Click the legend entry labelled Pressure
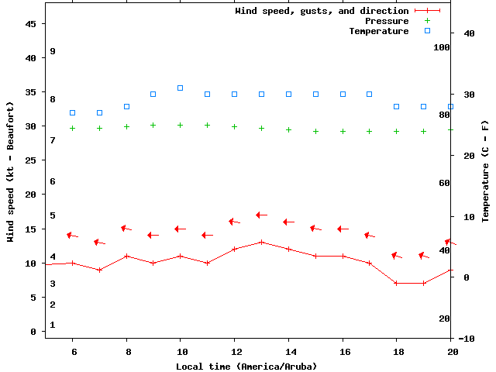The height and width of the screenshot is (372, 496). (x=387, y=21)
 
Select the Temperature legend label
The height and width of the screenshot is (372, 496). (x=378, y=31)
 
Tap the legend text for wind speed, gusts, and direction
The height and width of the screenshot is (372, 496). (x=322, y=11)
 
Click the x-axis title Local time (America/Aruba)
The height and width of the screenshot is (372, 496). (x=246, y=366)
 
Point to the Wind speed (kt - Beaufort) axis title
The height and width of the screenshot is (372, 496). (x=11, y=171)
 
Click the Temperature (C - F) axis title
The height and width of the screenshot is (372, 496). (x=485, y=170)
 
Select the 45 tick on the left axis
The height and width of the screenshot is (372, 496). (x=31, y=24)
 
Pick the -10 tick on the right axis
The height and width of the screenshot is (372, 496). (x=467, y=338)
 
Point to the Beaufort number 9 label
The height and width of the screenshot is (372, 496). (x=53, y=51)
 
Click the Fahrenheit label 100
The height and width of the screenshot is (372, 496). (x=442, y=47)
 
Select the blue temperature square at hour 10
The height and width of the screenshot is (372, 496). (x=180, y=88)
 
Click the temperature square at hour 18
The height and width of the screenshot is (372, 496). (x=396, y=106)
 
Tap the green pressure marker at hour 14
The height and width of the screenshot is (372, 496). (x=288, y=129)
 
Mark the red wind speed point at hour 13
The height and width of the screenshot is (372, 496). (x=261, y=242)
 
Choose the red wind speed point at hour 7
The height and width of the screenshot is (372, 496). (x=99, y=270)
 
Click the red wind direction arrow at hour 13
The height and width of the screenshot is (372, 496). (x=261, y=215)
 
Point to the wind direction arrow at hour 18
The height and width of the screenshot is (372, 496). (x=396, y=255)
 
